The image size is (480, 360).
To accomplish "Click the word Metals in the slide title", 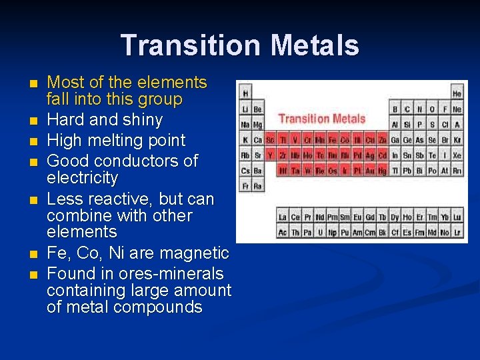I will click(315, 46).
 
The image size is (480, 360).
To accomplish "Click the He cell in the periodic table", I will click(457, 93).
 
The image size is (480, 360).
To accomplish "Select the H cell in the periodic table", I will click(246, 93).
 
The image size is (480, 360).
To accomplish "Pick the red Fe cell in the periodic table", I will click(332, 140).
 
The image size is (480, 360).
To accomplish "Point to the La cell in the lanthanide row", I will click(283, 217).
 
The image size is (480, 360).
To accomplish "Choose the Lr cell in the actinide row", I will click(457, 232).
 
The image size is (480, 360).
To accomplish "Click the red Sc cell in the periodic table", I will click(270, 140).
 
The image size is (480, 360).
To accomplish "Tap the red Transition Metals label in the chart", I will click(321, 119).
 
